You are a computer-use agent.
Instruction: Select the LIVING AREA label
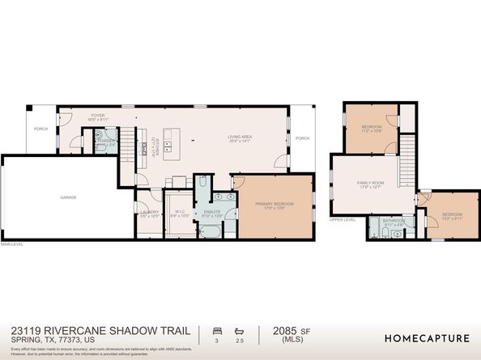coord(240,138)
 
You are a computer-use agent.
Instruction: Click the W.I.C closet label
coord(180,213)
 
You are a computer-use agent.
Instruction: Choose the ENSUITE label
coord(211,213)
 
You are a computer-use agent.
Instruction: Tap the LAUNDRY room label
coord(149,213)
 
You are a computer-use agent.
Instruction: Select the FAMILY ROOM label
coord(371,184)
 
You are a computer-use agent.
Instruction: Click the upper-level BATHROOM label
coord(394,221)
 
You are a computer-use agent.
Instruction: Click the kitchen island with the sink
coord(171,142)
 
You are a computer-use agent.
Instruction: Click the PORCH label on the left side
coord(40,129)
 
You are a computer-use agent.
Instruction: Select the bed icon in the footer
coord(216,331)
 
